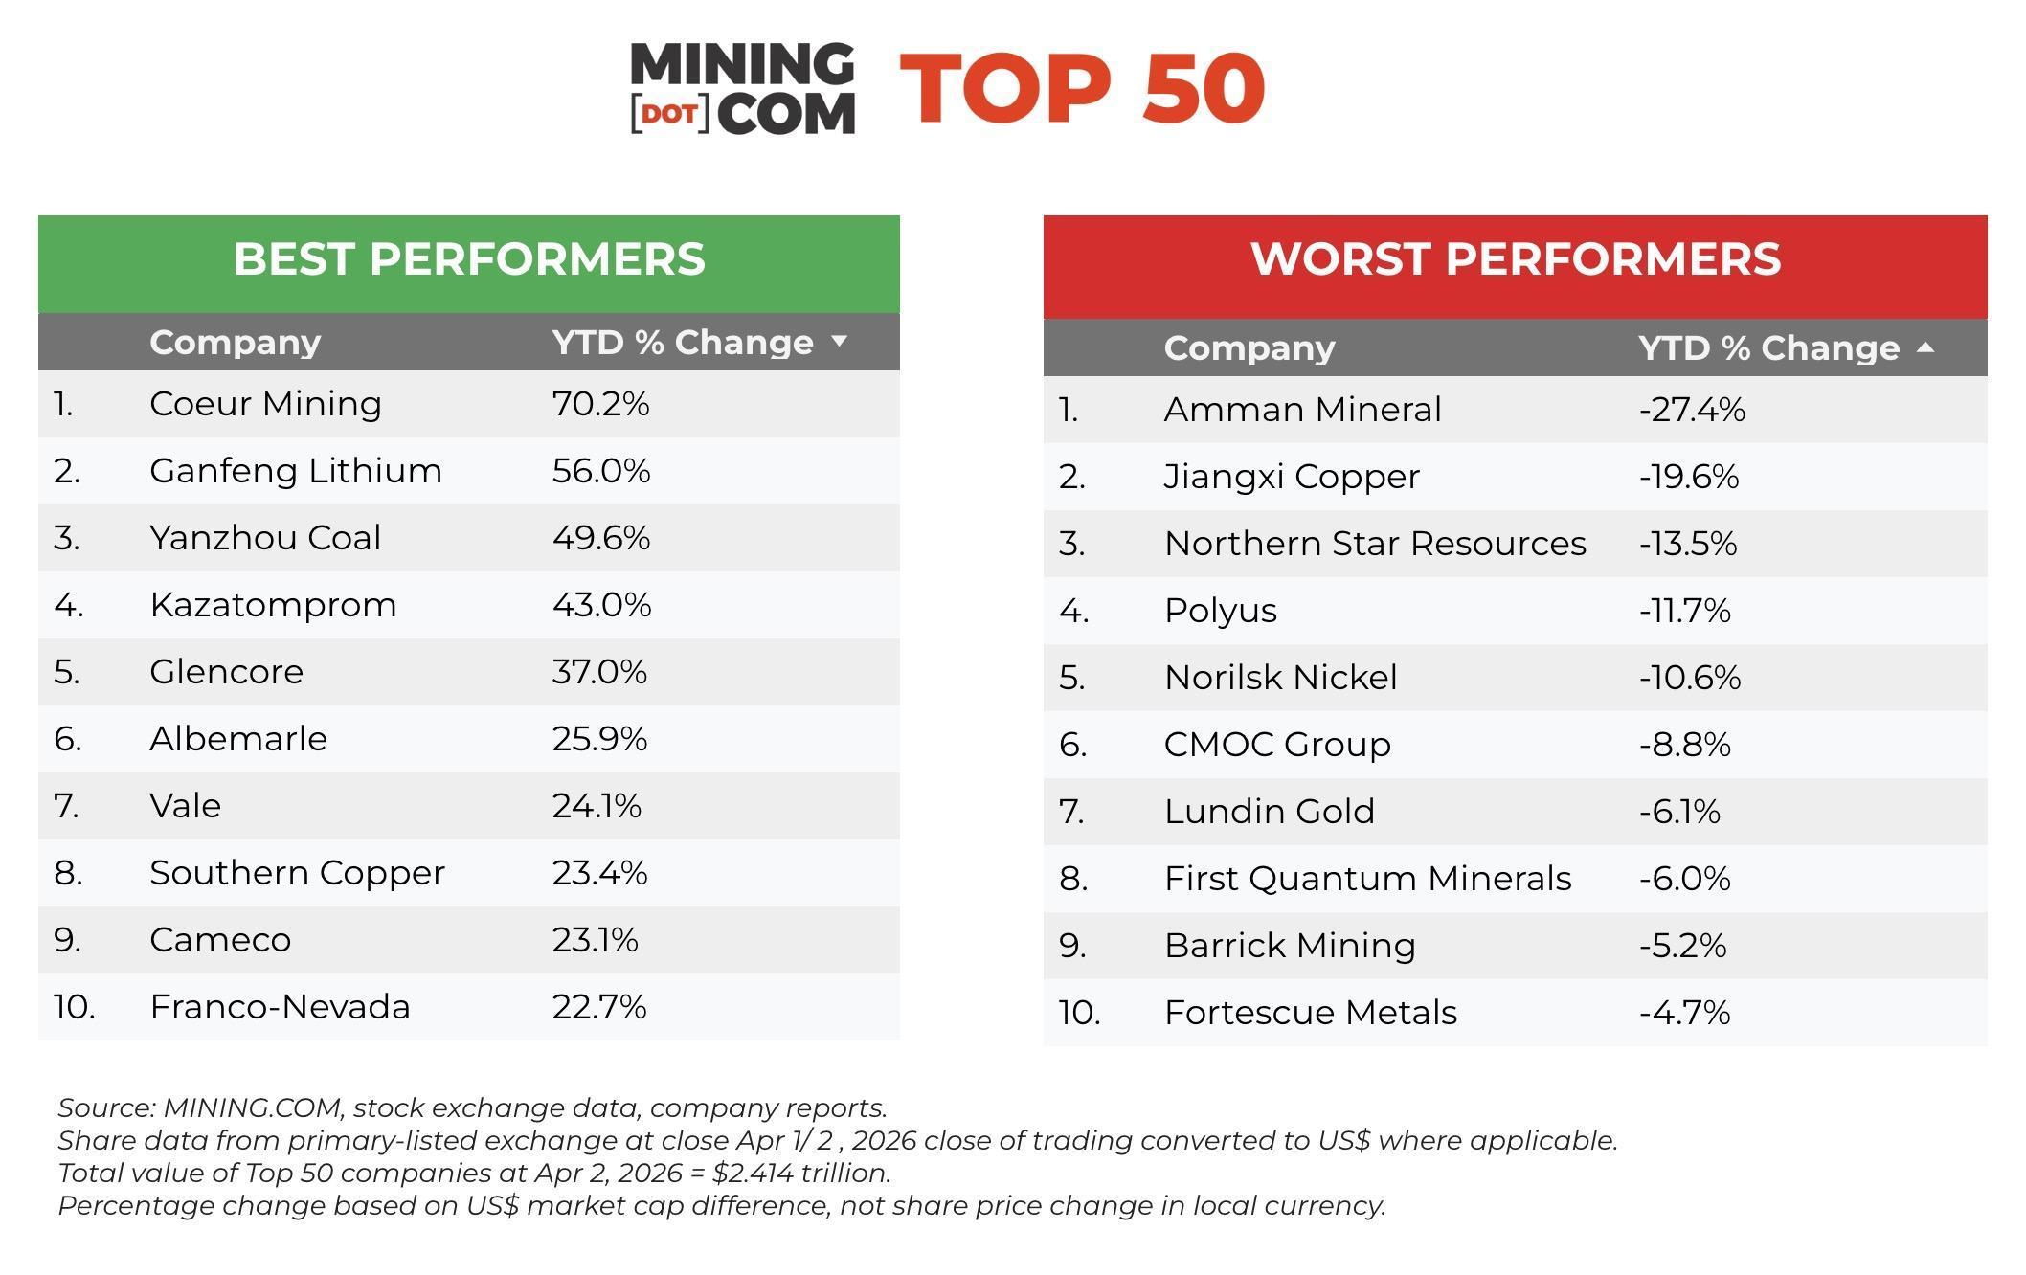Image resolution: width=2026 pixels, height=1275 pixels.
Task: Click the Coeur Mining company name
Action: tap(265, 404)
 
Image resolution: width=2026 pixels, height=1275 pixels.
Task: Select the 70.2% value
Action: tap(600, 404)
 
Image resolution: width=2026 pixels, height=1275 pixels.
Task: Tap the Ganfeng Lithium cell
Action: tap(295, 471)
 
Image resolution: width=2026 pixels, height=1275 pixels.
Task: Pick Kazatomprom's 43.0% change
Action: tap(601, 605)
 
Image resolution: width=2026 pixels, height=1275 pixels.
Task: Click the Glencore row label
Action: tap(226, 672)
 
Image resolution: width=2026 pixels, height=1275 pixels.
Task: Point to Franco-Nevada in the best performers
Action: tap(280, 1007)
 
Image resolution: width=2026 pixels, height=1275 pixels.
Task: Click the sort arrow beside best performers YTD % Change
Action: tap(840, 341)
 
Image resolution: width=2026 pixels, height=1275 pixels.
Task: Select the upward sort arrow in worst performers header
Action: tap(1925, 347)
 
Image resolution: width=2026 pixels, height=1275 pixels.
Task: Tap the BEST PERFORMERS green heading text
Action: tap(469, 259)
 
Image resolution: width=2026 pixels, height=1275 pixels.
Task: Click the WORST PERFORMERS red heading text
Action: tap(1516, 259)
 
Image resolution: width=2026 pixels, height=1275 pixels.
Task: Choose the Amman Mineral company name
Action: tap(1302, 410)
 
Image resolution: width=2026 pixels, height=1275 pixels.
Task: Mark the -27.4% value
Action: tap(1692, 410)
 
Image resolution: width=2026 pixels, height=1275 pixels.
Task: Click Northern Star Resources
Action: tap(1375, 544)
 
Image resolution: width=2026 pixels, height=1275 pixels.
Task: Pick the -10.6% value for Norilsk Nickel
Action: tap(1690, 678)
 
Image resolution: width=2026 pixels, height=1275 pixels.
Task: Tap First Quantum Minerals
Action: tap(1367, 879)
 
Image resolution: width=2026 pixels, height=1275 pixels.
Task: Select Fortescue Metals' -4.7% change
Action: tap(1685, 1013)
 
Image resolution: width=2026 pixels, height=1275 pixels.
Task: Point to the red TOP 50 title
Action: tap(1082, 88)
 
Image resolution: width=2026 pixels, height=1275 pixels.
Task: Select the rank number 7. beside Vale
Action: tap(66, 806)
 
